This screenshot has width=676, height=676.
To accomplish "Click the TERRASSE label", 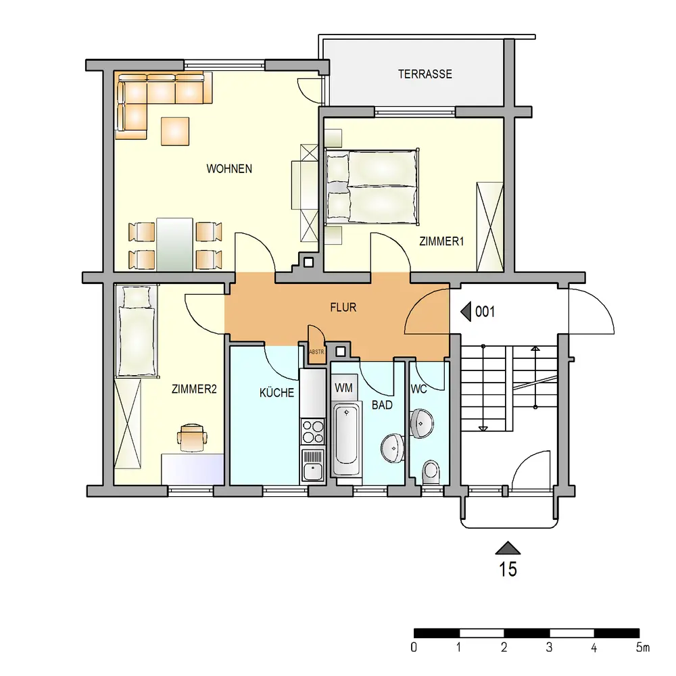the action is tap(425, 74).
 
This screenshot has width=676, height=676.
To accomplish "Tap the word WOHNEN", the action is tap(229, 168).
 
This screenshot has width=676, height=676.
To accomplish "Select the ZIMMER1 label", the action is tap(441, 241).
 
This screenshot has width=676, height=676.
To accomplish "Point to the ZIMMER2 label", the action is tap(194, 389).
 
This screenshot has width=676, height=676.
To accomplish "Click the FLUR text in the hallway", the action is tap(343, 308).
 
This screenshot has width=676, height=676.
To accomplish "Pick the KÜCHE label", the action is tap(276, 393).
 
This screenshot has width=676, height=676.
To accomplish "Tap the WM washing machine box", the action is tap(344, 387).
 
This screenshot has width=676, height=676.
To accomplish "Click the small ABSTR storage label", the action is tap(316, 352).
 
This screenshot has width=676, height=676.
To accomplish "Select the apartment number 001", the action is tap(485, 312).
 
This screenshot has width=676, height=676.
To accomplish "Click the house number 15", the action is tap(508, 569).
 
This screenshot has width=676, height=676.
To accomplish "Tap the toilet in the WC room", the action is tap(431, 473).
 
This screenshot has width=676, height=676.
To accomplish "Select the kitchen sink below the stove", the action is tap(313, 465).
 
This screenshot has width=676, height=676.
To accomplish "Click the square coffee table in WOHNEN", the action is tap(175, 131).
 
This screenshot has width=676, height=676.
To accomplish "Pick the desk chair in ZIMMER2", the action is tap(192, 437).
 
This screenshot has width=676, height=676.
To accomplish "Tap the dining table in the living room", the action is tap(174, 245).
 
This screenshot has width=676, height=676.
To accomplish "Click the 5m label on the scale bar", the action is tap(642, 647).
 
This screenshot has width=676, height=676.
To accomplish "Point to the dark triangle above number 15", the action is tap(508, 548).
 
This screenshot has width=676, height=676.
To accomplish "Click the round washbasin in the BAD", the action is tap(392, 448).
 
